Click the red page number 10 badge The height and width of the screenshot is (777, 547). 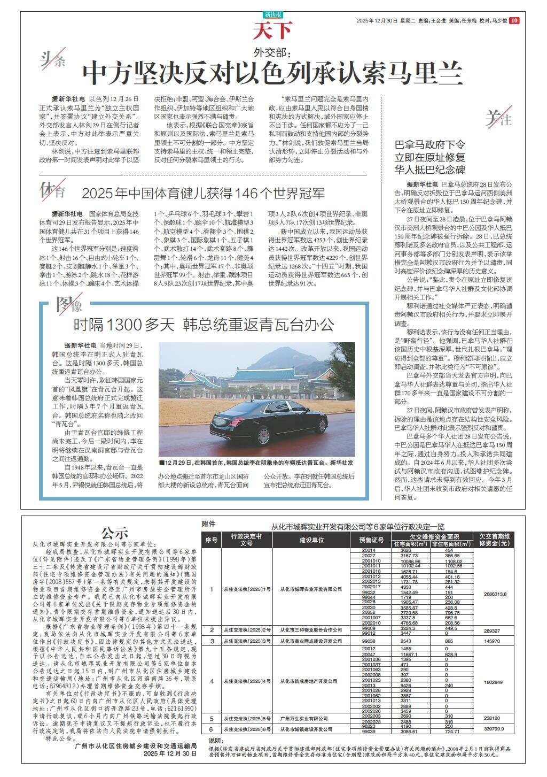pos(513,21)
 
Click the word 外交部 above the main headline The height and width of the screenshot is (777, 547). pos(273,52)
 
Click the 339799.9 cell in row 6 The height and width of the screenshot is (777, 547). pos(494,728)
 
